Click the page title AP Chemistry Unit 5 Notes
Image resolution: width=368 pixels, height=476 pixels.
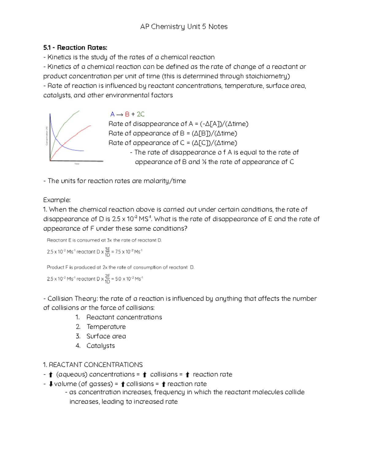point(184,27)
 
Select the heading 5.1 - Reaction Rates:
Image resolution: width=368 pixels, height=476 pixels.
point(75,48)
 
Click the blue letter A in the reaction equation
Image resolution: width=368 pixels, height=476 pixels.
point(112,114)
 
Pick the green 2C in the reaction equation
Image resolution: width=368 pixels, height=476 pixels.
point(140,114)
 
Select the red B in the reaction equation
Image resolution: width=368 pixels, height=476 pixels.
point(127,114)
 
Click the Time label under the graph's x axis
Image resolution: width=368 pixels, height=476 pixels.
point(77,164)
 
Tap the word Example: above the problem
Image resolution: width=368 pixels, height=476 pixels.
point(57,200)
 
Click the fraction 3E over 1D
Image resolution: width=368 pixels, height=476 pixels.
point(107,252)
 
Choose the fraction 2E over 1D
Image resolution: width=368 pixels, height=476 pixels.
point(107,279)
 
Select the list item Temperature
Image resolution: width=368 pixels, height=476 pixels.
point(106,327)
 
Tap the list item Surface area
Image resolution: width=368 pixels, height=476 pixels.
point(106,336)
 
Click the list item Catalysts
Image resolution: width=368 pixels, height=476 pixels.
point(100,346)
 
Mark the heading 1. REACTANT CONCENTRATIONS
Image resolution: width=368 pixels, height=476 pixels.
point(93,365)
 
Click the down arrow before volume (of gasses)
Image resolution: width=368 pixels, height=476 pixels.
point(51,384)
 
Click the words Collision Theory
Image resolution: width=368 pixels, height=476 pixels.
point(73,299)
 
